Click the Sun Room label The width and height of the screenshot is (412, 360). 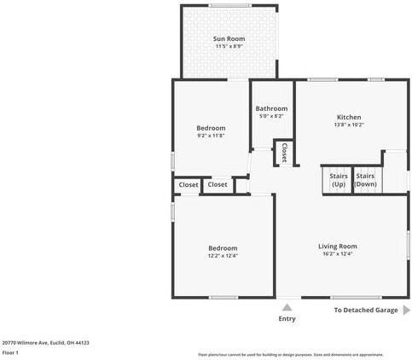click(229, 39)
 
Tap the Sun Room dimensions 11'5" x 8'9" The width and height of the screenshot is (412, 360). click(229, 48)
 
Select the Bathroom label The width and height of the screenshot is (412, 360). click(271, 108)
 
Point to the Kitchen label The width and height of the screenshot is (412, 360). click(349, 117)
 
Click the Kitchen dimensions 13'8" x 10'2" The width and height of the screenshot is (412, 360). click(349, 125)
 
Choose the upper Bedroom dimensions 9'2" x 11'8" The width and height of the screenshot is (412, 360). click(211, 136)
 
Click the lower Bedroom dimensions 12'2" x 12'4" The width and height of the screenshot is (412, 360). click(223, 255)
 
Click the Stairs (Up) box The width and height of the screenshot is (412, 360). click(338, 179)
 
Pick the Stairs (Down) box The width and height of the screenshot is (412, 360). click(366, 179)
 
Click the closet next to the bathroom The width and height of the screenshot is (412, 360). click(283, 152)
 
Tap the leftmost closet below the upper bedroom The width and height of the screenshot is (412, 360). click(189, 184)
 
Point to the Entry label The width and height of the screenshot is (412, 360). click(287, 318)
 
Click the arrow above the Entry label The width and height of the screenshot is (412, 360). click(287, 306)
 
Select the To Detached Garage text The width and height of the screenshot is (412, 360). click(365, 311)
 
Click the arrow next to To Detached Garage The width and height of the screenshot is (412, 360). click(405, 311)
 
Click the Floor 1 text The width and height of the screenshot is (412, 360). click(10, 351)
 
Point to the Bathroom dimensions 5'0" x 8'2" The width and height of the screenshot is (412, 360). click(271, 117)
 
